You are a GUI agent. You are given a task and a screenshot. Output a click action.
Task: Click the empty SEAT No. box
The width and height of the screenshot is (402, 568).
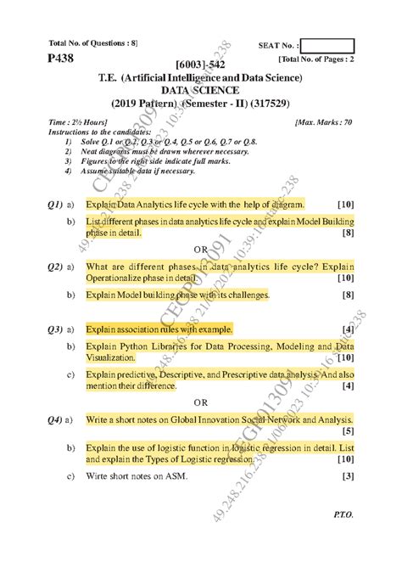[327, 45]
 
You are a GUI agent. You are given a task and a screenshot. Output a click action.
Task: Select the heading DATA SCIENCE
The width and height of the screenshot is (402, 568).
[200, 91]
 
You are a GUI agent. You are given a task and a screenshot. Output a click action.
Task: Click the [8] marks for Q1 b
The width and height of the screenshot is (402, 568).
[348, 232]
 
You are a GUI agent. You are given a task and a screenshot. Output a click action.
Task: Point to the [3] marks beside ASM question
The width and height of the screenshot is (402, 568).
[348, 476]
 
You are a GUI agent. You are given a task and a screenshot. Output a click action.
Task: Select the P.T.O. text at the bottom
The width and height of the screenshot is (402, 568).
[344, 538]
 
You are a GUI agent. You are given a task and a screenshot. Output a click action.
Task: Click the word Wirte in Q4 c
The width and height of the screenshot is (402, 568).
[98, 476]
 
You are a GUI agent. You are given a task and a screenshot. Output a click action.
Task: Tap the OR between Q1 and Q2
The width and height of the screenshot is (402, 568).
[200, 249]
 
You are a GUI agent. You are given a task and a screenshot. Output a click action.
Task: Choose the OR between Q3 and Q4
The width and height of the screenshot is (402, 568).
[200, 402]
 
